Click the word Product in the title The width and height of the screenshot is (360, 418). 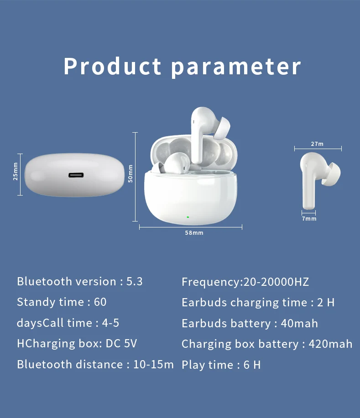112,67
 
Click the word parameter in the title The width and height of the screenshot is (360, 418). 236,67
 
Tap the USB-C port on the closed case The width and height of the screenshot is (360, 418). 77,175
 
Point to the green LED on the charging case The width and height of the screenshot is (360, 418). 188,217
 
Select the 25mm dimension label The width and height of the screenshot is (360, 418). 15,171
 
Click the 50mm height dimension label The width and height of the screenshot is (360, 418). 130,174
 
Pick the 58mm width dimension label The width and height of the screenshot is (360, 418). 194,233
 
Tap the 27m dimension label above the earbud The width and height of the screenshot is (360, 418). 317,144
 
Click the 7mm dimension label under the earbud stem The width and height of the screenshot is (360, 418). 309,219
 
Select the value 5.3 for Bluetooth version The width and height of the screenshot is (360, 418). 134,282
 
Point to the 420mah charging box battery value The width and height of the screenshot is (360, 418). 330,344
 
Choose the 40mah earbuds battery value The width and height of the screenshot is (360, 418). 299,324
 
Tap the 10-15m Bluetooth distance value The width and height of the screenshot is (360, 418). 153,365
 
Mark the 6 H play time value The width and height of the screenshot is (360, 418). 252,365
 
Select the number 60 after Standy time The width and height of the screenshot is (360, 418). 100,302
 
